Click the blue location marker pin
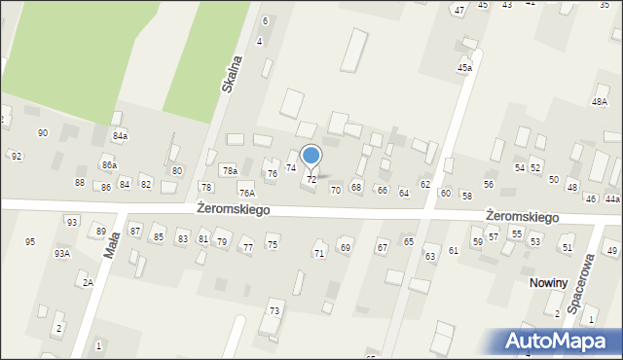[x=311, y=156]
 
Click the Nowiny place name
[x=549, y=282]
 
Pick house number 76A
[x=247, y=193]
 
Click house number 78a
[x=229, y=170]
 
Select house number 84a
[x=120, y=135]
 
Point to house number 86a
[x=109, y=165]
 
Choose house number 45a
[x=465, y=68]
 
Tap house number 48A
[x=599, y=102]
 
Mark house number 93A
[x=62, y=253]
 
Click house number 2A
[x=88, y=282]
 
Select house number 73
[x=275, y=311]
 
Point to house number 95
[x=30, y=241]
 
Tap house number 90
[x=43, y=132]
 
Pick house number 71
[x=318, y=253]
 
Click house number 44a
[x=611, y=198]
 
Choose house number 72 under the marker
[x=311, y=180]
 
